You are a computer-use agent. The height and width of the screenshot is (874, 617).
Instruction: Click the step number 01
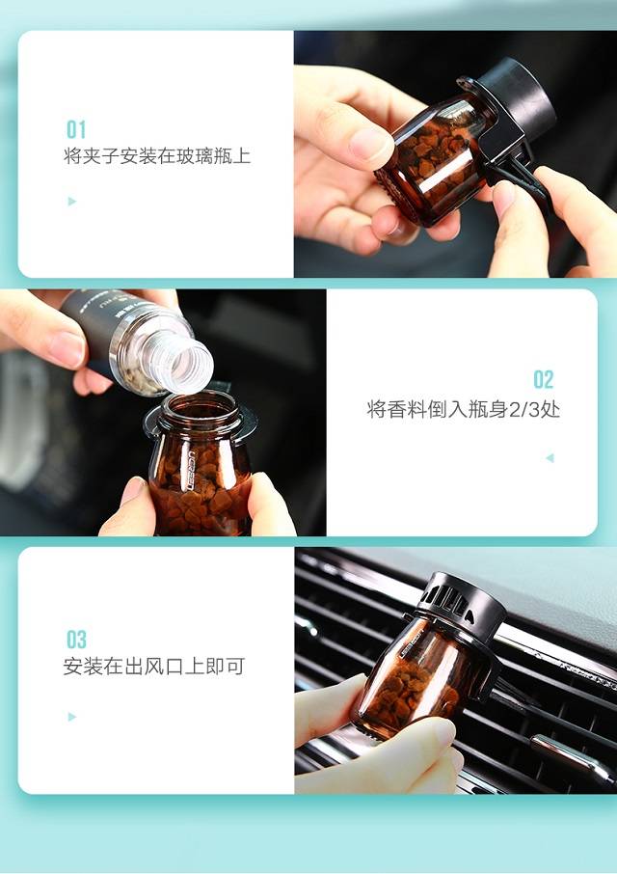click(76, 129)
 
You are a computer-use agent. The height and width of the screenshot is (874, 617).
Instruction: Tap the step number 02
click(544, 379)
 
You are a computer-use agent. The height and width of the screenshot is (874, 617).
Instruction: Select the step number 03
click(76, 640)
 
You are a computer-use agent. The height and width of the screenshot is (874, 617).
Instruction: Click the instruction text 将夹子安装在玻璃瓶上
click(157, 155)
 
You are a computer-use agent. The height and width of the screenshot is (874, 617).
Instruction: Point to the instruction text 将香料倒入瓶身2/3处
click(463, 409)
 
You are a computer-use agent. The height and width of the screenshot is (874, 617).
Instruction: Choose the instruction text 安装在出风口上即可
click(154, 667)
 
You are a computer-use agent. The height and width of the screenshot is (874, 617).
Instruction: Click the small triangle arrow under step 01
click(71, 202)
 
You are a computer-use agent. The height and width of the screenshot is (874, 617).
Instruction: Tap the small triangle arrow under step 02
click(550, 458)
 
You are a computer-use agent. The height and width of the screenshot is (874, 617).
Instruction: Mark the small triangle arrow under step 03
click(71, 717)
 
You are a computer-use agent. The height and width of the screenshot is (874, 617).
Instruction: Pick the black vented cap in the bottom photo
click(462, 602)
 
